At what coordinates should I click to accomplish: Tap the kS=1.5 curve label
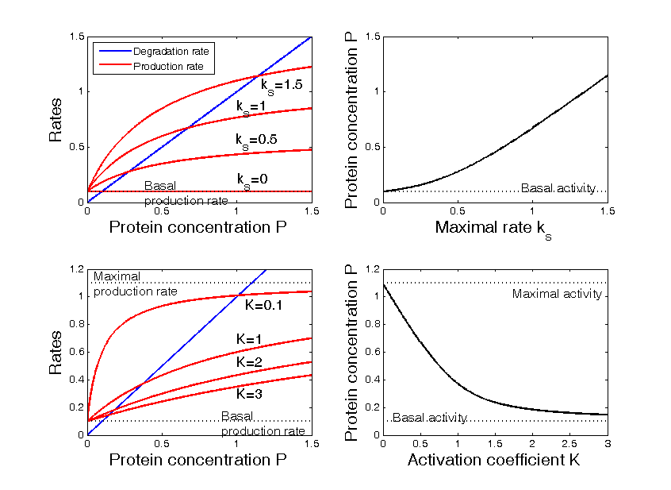coord(282,84)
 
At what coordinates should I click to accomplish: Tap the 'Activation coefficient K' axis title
coord(495,460)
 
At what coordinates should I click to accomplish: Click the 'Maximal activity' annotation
coord(558,295)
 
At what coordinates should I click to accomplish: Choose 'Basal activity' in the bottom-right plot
coord(430,418)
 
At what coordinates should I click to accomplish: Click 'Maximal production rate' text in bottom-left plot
coord(135,284)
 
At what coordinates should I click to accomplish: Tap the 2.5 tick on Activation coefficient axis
coord(569,443)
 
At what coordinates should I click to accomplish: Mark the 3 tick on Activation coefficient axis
coord(608,443)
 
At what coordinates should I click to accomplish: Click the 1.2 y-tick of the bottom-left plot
coord(75,269)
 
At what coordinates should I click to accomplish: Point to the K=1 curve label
coord(250,339)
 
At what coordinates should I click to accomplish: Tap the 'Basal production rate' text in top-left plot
coord(186,194)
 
